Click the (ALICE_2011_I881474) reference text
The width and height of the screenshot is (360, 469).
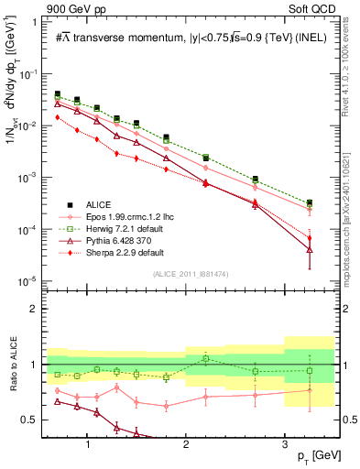coord(190,275)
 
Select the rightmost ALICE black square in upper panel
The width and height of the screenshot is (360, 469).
coord(310,202)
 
